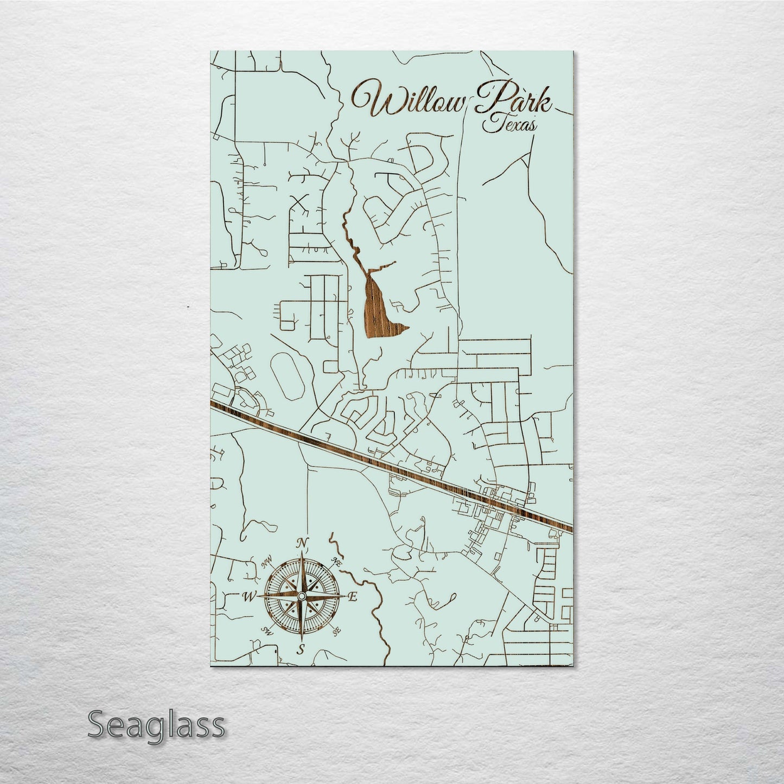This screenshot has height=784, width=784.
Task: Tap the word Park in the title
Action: [x=512, y=100]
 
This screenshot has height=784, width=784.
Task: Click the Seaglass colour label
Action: [x=156, y=725]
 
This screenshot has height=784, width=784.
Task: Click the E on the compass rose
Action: [x=352, y=597]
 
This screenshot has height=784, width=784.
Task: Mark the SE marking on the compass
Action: [x=336, y=632]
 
